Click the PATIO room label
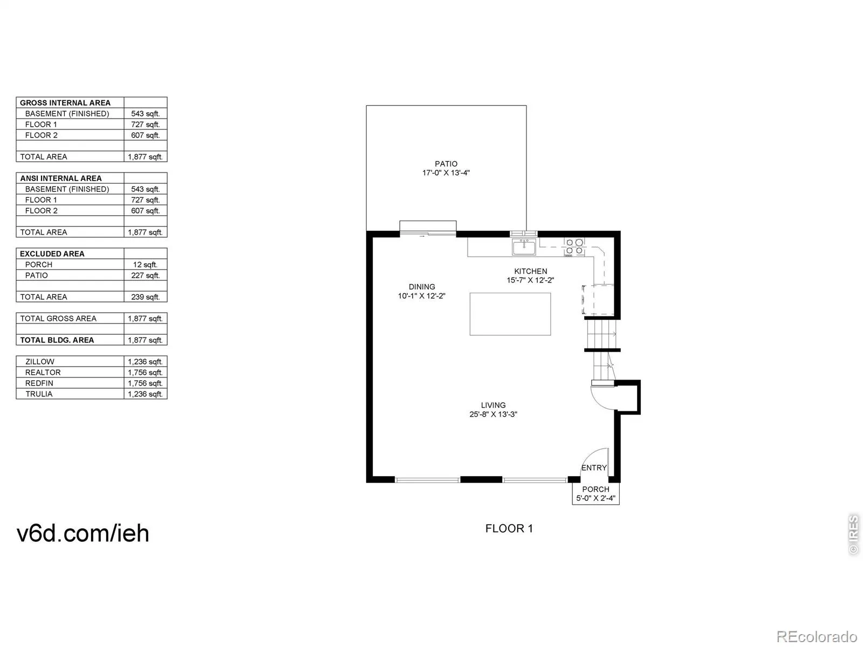(446, 164)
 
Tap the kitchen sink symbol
(524, 247)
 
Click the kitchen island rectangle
(510, 314)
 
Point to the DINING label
(421, 287)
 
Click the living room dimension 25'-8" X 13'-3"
(493, 414)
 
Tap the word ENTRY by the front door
(594, 467)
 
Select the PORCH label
(595, 489)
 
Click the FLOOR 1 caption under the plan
(509, 528)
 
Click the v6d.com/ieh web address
(83, 533)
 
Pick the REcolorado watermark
(817, 636)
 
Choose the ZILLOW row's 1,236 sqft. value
(145, 361)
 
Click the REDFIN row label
(39, 383)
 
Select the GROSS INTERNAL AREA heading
(65, 103)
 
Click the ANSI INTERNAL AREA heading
(61, 178)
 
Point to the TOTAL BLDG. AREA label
(57, 340)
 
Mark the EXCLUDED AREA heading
(52, 254)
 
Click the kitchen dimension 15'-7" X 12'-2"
(530, 280)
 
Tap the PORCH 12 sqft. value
(145, 265)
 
